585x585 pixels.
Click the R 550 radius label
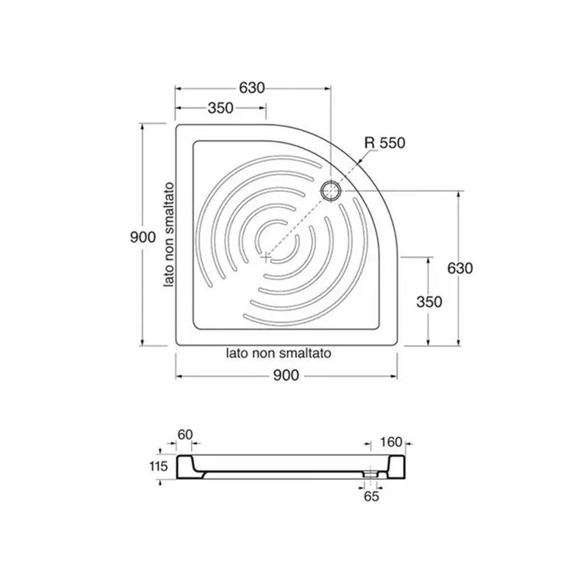coord(384,143)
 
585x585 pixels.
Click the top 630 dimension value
coord(252,88)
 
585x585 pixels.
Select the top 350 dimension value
coord(221,108)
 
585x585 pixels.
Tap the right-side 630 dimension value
coord(460,269)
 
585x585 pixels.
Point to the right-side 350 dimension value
coord(429,302)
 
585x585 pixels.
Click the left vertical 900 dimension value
coord(143,237)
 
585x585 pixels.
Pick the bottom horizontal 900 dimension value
coord(286,375)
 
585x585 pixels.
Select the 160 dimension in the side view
coord(391,443)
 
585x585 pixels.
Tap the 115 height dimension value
coord(159,466)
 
